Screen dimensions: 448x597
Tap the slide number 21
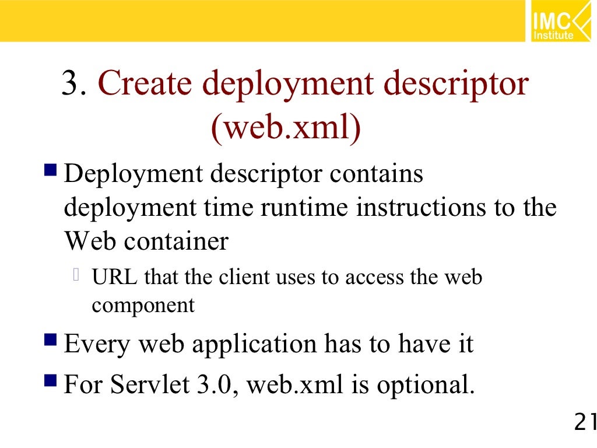[585, 422]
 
